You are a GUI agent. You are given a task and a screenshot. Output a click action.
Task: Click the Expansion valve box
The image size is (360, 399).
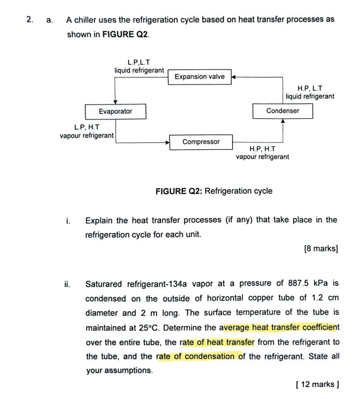click(x=199, y=76)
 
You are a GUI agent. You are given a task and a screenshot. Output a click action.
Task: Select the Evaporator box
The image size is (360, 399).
click(x=115, y=111)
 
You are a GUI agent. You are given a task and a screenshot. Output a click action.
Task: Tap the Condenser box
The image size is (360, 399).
click(x=283, y=111)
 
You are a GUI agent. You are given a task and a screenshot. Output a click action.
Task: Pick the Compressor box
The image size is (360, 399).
click(x=201, y=142)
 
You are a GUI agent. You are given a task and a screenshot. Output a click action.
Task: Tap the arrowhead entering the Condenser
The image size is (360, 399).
click(x=283, y=121)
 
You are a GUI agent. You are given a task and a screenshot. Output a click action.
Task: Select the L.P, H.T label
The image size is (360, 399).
click(x=87, y=127)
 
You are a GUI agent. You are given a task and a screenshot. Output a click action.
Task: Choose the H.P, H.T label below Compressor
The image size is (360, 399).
click(x=263, y=148)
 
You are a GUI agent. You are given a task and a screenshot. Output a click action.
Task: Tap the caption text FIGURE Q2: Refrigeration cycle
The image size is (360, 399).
click(x=214, y=191)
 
